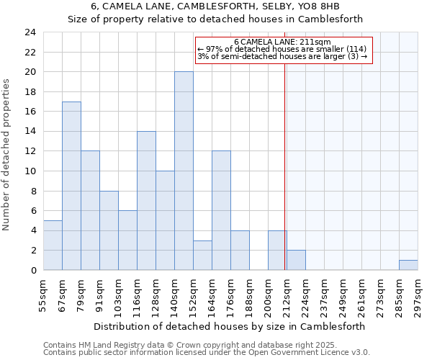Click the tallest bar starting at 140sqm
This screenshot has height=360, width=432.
pos(184,171)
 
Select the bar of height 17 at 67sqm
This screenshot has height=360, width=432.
pos(71,186)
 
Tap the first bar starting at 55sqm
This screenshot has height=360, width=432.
pos(53,245)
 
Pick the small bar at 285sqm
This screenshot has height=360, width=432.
pos(408,265)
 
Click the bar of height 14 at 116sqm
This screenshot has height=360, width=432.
pos(146,200)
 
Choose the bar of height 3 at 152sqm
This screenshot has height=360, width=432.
pos(202,255)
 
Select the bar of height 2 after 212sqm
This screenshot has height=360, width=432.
pos(296,260)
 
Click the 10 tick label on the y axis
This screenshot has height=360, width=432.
pos(30,171)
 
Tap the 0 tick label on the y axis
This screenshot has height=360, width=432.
pos(33,271)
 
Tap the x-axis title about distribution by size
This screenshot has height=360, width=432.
pos(230,325)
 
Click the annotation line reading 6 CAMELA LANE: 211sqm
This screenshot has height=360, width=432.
pos(282,42)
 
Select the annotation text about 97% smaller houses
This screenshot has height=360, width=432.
pos(282,49)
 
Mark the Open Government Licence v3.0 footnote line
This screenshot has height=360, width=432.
pos(207,352)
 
